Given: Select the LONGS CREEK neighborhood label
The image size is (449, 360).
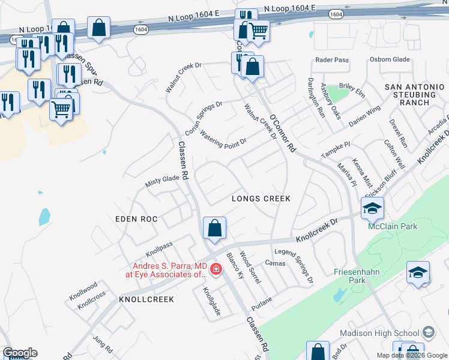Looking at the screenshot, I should click(261, 199).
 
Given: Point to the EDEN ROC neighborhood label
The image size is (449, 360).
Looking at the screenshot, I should click(136, 219).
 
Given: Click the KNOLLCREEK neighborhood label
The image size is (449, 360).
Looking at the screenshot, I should click(146, 299).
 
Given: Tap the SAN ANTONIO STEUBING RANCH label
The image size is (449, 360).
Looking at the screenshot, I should click(414, 95).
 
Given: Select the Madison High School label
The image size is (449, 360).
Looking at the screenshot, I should click(379, 333).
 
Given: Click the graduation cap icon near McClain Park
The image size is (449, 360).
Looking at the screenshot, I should click(372, 208).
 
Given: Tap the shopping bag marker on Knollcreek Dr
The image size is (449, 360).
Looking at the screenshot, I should click(214, 228).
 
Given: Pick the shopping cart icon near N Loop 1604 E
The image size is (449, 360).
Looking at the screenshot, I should click(258, 30).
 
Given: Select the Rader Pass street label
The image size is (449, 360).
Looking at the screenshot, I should click(332, 60).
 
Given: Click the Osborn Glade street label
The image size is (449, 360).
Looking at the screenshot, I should click(390, 59).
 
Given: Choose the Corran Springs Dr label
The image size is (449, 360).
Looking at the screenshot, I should click(204, 118).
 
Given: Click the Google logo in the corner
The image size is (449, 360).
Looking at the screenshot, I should click(20, 353).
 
